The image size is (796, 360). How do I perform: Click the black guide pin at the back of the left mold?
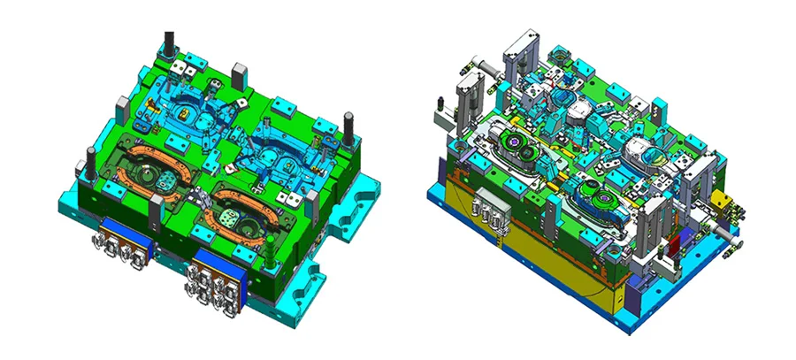[168, 44]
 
